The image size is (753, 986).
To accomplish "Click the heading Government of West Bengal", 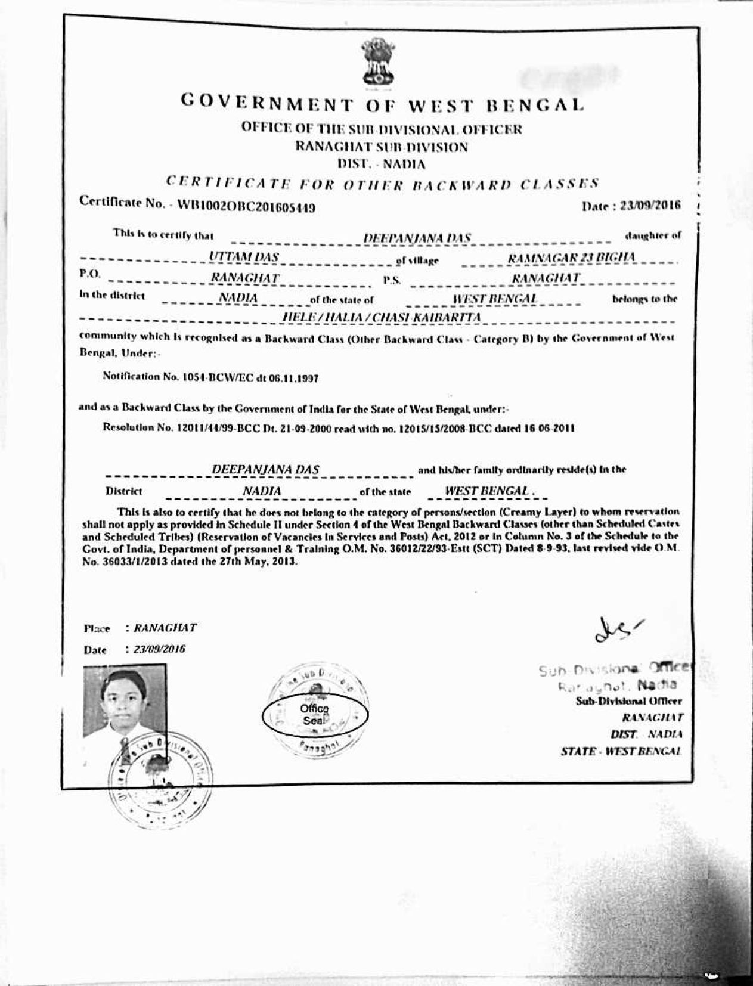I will [382, 105].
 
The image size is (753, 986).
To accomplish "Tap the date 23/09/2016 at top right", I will [650, 206].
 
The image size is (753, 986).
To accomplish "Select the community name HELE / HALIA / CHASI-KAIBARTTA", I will [382, 317].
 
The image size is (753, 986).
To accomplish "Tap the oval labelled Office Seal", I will [315, 714].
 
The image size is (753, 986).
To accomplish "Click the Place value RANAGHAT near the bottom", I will [165, 628].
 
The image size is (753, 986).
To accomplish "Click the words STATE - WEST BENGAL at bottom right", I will [621, 751].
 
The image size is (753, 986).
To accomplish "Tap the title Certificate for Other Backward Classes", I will [382, 183].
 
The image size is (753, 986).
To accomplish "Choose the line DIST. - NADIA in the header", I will [382, 163].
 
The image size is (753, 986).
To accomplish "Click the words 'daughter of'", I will [652, 235].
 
